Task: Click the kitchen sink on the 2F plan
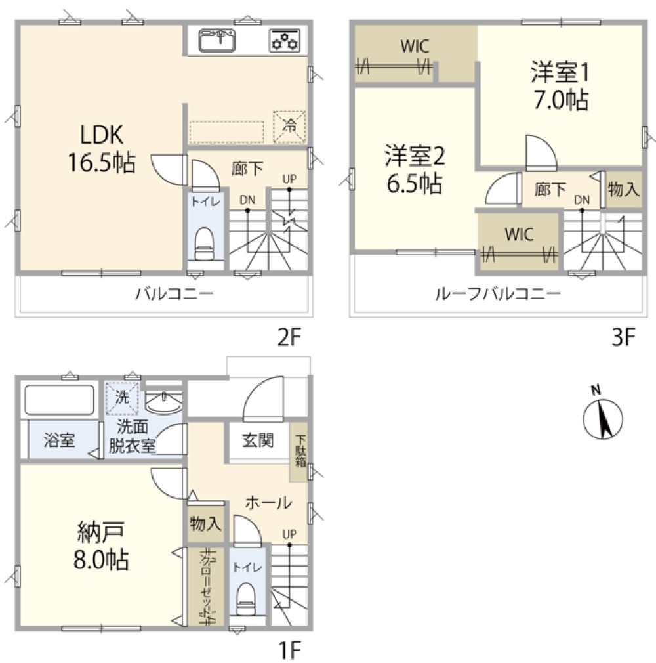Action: click(x=217, y=40)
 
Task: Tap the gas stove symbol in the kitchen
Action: click(x=285, y=40)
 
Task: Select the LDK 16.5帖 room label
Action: click(x=102, y=148)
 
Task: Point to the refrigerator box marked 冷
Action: click(x=289, y=126)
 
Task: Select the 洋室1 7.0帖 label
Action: click(x=560, y=86)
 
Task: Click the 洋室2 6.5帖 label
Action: click(x=414, y=169)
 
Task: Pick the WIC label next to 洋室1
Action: click(x=415, y=46)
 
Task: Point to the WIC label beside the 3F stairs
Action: click(x=519, y=234)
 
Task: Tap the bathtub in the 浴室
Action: click(x=60, y=400)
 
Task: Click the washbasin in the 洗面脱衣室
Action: click(x=163, y=402)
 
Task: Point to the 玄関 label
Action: click(x=258, y=440)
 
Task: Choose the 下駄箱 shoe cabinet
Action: click(x=299, y=452)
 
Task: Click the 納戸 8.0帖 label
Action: click(x=101, y=545)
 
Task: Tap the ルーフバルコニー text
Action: click(x=498, y=293)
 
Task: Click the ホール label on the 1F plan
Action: click(x=268, y=503)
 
